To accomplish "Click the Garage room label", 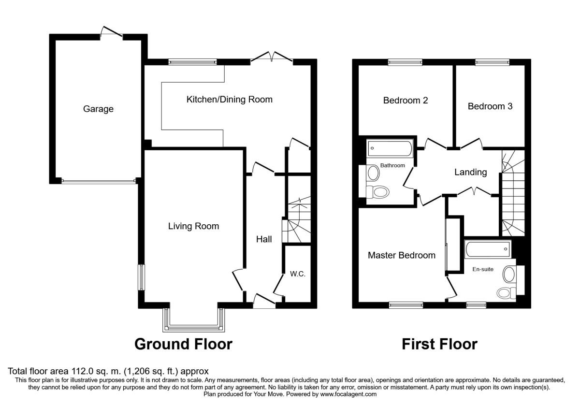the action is click(x=98, y=109).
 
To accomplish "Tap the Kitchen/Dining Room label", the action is click(x=230, y=100).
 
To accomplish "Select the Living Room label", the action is click(x=194, y=226).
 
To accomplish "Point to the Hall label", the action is click(x=264, y=239).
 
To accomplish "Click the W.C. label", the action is click(x=298, y=274).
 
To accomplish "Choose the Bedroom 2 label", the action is click(x=406, y=100).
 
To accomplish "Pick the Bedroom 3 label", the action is click(x=490, y=106).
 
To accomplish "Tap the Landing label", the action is click(x=471, y=172).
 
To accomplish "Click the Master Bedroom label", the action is click(x=402, y=255).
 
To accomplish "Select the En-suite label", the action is click(x=483, y=269).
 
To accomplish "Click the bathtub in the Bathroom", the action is click(x=390, y=148).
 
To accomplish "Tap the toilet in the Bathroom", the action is click(x=378, y=192).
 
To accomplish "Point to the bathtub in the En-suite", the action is click(x=488, y=249).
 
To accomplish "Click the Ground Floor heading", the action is click(x=183, y=344).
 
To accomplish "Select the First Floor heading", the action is click(x=439, y=344).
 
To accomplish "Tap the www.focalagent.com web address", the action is click(x=348, y=394).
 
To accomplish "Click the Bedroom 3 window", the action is click(x=492, y=62).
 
